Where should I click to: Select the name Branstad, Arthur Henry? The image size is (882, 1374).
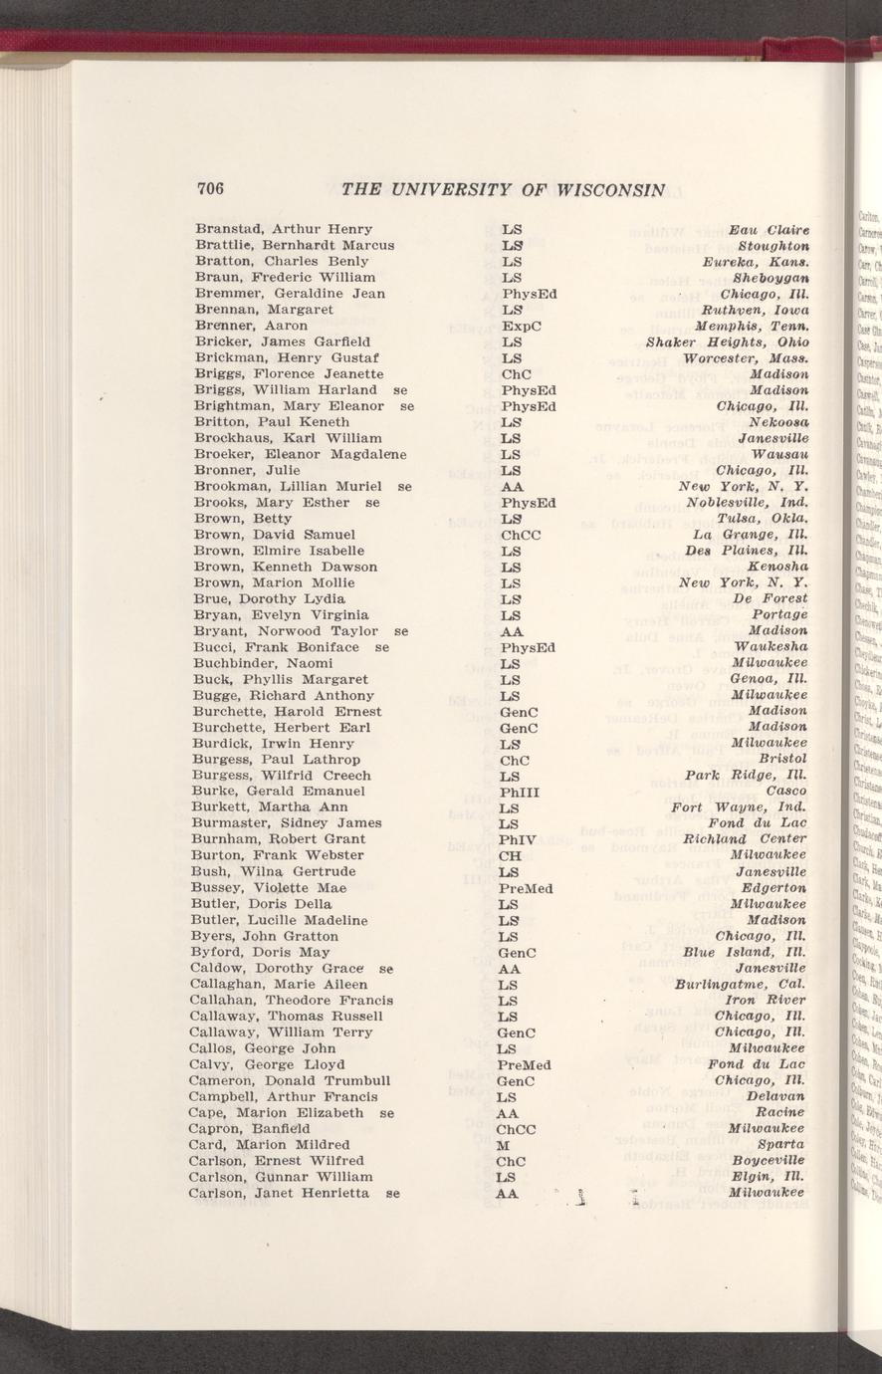pyautogui.click(x=284, y=229)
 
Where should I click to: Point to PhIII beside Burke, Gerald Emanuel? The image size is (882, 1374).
pyautogui.click(x=521, y=792)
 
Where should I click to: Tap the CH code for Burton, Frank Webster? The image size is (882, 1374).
pyautogui.click(x=511, y=855)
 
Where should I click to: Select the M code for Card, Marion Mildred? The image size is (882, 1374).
pyautogui.click(x=505, y=1145)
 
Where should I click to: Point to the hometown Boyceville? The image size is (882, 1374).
pyautogui.click(x=768, y=1161)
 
